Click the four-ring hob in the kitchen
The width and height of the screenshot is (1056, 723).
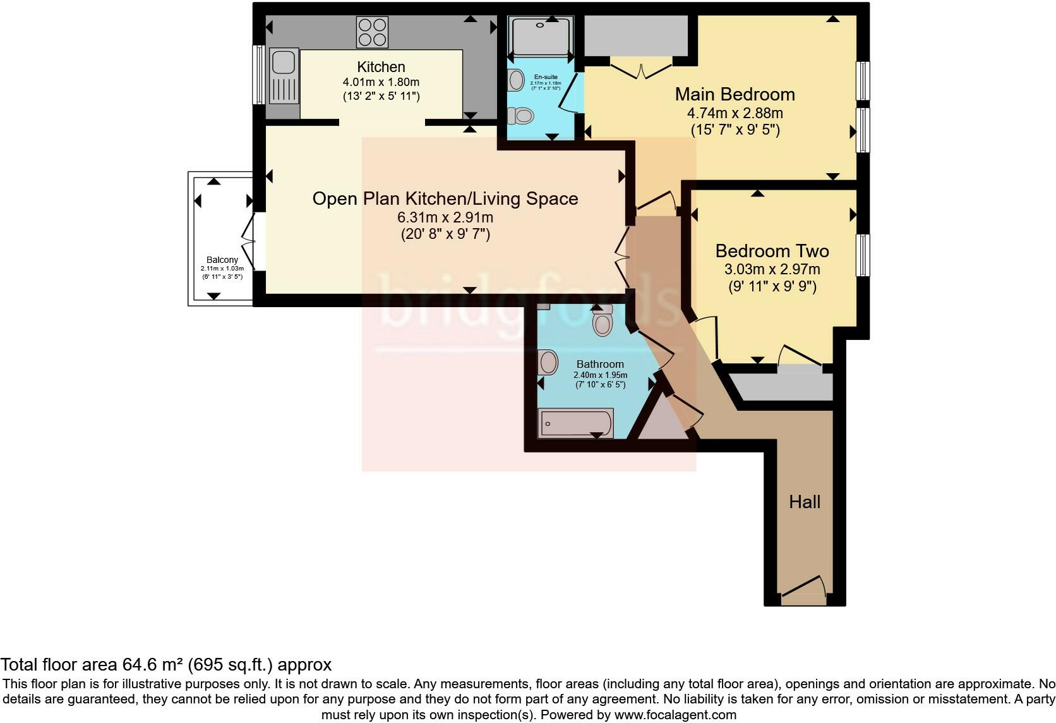click(x=373, y=32)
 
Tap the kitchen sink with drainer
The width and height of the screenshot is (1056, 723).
click(x=284, y=76)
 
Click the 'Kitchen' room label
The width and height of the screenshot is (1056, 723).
click(x=381, y=67)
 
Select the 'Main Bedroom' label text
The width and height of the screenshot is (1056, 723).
click(x=735, y=94)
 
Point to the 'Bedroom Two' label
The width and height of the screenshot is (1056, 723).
click(x=772, y=251)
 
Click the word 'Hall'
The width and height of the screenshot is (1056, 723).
click(x=805, y=502)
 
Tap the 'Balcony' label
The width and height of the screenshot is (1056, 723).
click(x=222, y=260)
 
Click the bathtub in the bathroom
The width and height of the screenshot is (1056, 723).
click(x=575, y=423)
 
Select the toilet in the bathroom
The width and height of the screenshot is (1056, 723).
click(x=602, y=320)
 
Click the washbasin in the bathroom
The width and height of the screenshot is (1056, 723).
click(x=548, y=362)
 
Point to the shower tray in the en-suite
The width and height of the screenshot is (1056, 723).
click(x=541, y=36)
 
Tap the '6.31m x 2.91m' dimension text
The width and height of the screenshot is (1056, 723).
click(x=445, y=217)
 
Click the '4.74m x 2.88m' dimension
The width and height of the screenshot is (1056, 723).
click(x=735, y=113)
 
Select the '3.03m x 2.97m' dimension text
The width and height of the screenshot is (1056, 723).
click(x=772, y=269)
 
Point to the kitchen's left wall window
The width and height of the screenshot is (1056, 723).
click(x=258, y=75)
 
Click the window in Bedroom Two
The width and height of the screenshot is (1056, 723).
click(x=863, y=255)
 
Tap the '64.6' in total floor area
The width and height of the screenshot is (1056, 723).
click(x=136, y=664)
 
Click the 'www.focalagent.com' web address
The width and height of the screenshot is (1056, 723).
click(x=675, y=715)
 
